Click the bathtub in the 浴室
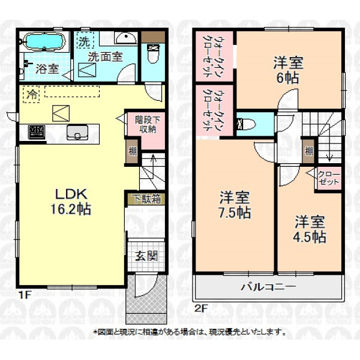pos(44,41)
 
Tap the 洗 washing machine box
pos(85,40)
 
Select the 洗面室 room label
pos(106,57)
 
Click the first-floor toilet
pos(152,53)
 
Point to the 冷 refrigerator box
pos(31,94)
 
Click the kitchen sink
pos(77,133)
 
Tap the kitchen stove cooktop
pos(36,132)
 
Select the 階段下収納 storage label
pos(147,124)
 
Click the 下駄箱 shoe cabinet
pos(146,199)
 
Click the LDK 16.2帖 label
pos(71,202)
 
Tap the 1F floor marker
pos(25,295)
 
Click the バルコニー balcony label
pos(269,287)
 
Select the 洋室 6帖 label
pos(289,70)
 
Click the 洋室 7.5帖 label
pos(235,205)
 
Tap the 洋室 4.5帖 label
pos(310,229)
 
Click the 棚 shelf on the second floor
pos(309,151)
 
